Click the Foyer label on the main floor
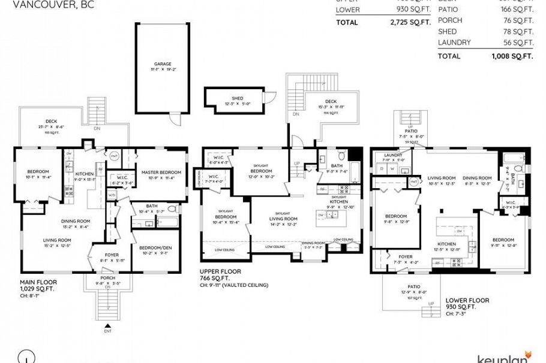pyautogui.click(x=111, y=255)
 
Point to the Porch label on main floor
pyautogui.click(x=108, y=279)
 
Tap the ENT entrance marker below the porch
pyautogui.click(x=107, y=331)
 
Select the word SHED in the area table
pyautogui.click(x=447, y=31)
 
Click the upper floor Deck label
pyautogui.click(x=331, y=102)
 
